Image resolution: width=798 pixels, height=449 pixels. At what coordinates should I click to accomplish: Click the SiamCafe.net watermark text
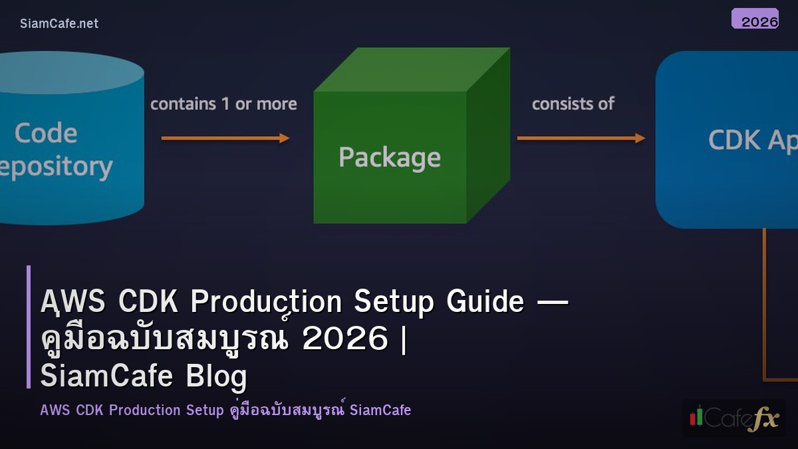coord(59,23)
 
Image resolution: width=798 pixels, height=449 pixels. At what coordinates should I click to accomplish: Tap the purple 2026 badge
coord(755,19)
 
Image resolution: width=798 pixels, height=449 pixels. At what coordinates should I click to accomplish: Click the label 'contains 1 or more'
coord(223,104)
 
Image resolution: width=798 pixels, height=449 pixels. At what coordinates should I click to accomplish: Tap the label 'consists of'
coord(573,104)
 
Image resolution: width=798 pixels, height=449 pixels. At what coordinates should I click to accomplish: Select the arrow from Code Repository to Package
coord(225,138)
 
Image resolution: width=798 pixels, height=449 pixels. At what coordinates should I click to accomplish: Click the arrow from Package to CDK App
coord(581,138)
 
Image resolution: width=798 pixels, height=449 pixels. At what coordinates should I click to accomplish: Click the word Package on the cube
coord(390,158)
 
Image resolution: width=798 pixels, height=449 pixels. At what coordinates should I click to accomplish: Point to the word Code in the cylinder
coord(46,133)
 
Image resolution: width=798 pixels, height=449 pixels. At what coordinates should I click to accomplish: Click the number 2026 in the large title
coord(344,339)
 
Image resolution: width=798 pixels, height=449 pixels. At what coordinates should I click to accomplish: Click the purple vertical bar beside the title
coord(29,327)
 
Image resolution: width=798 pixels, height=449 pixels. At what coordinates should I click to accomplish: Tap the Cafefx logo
coord(734,418)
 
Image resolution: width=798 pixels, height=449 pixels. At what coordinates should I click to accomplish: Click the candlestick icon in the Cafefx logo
coord(696,416)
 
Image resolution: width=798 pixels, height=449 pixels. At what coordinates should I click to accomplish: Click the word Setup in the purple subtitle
coord(203,410)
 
